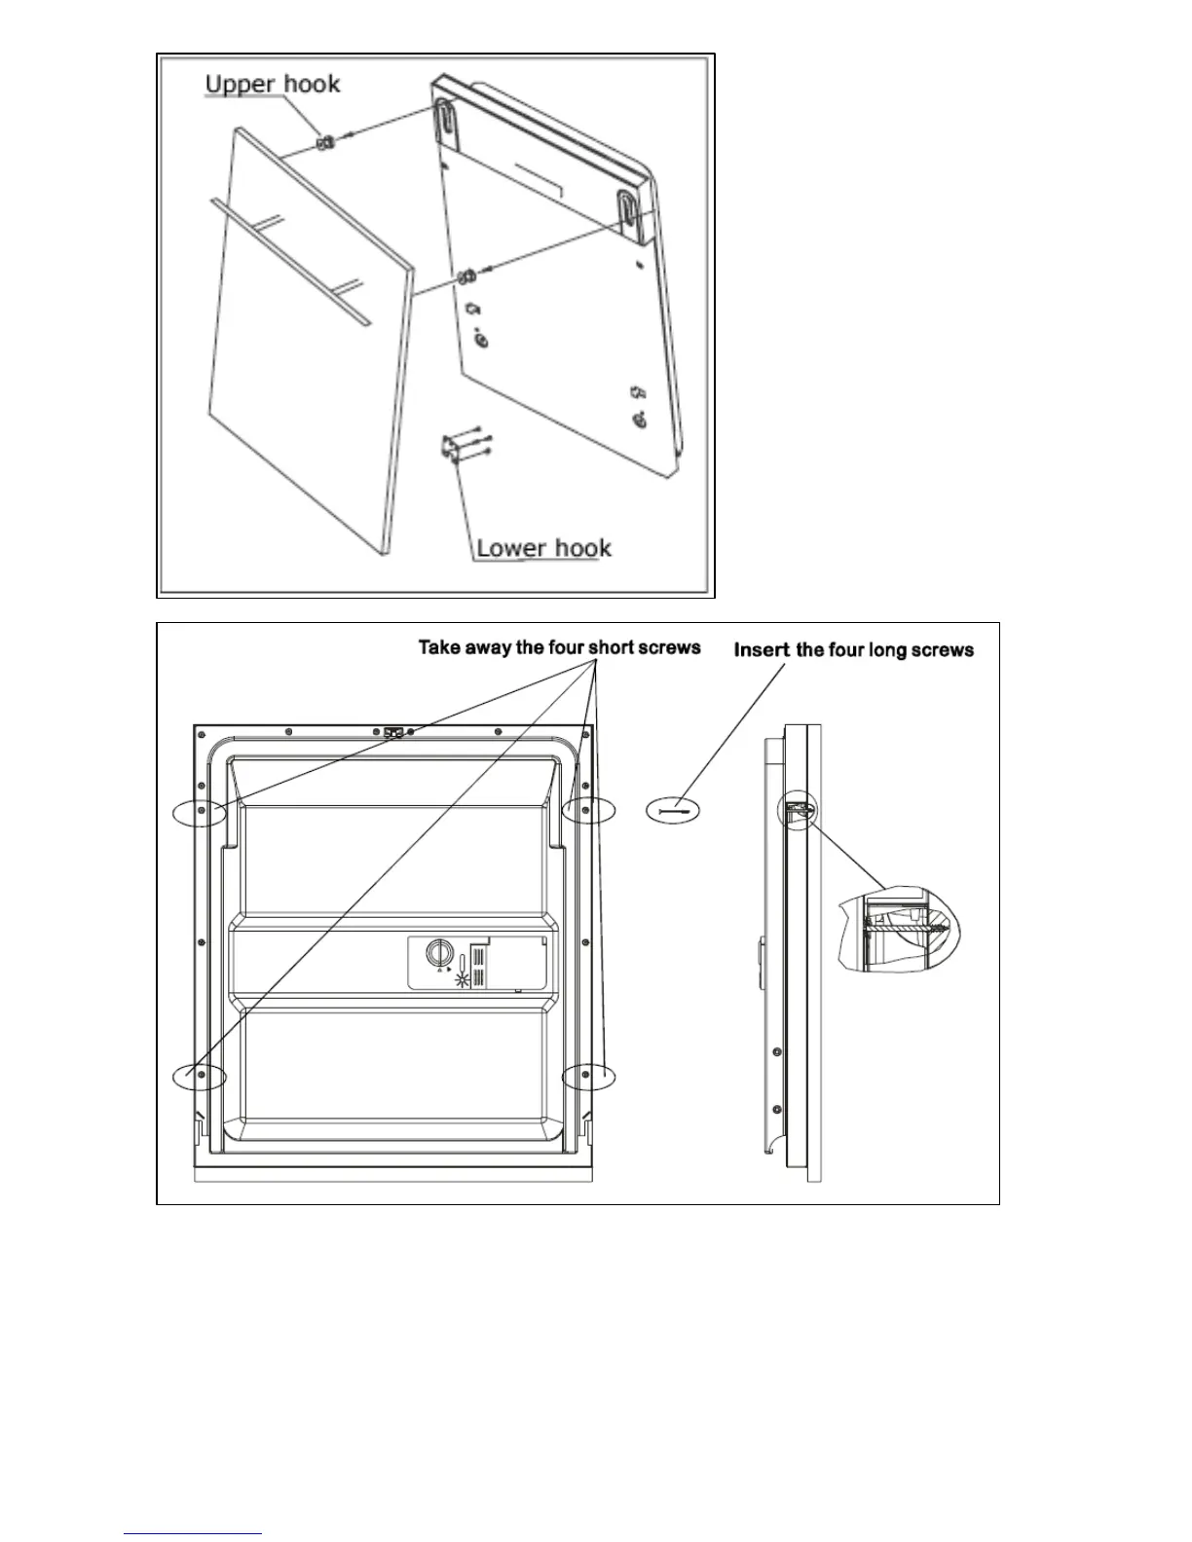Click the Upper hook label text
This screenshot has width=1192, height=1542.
(x=273, y=84)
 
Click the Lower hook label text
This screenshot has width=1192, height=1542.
(x=543, y=547)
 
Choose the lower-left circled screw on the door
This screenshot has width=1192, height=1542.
(x=200, y=1075)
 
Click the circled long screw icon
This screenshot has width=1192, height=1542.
(x=673, y=810)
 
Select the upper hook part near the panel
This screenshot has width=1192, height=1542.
(x=324, y=142)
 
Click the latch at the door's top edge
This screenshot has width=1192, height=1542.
(x=393, y=731)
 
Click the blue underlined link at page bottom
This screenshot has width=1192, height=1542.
(x=193, y=1534)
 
